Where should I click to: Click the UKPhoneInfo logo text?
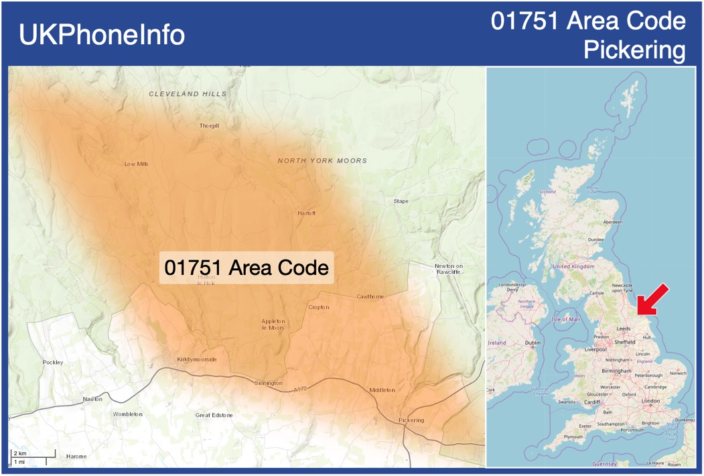(x=102, y=35)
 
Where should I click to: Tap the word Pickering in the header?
(x=634, y=50)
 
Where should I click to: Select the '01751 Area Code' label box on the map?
(x=247, y=267)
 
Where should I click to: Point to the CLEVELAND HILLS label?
(x=188, y=94)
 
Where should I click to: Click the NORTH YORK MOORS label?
(x=322, y=161)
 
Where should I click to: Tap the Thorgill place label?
(x=209, y=126)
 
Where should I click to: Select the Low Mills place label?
(x=137, y=164)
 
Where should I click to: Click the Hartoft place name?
(x=306, y=213)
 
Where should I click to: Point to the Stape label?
(x=401, y=201)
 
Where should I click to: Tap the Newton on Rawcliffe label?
(x=448, y=269)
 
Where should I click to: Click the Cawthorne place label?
(x=370, y=296)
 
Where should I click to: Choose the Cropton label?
(x=319, y=308)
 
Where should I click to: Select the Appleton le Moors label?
(x=273, y=324)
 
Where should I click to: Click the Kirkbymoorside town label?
(x=197, y=359)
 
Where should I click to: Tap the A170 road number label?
(x=301, y=390)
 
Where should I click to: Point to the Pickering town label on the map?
(x=411, y=420)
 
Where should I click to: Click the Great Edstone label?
(x=214, y=415)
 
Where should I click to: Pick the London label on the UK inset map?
(x=650, y=401)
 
